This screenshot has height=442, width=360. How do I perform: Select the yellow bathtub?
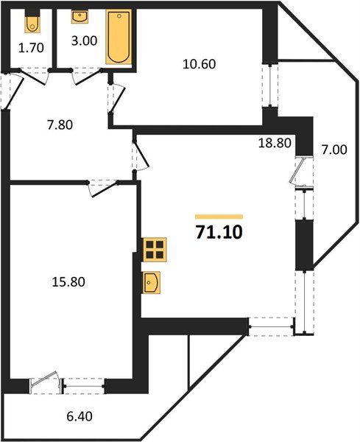pos(116,37)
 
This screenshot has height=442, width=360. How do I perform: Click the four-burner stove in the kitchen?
pos(155,250)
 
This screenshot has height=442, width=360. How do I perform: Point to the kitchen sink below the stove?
pos(153,281)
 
